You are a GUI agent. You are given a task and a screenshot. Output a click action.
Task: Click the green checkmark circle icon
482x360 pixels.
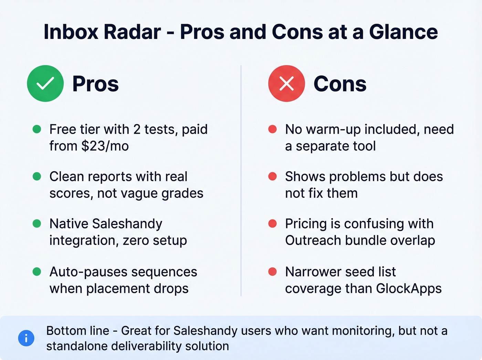(x=45, y=83)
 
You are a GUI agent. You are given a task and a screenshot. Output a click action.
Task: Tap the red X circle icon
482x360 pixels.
(x=286, y=83)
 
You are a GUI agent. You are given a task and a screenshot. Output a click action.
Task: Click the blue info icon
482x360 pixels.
(x=26, y=338)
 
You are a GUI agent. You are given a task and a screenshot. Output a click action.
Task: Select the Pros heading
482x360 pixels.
(x=95, y=84)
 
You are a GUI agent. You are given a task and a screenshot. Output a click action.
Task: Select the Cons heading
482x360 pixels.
(x=340, y=84)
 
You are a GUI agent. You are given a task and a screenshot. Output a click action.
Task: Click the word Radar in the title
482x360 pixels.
(x=132, y=32)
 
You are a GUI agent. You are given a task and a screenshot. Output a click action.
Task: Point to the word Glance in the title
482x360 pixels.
(x=403, y=32)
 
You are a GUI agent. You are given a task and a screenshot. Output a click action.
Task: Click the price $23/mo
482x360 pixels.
(x=105, y=146)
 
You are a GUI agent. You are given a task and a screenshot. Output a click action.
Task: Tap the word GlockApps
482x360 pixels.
(x=409, y=288)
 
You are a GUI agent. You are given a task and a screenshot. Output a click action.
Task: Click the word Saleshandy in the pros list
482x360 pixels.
(x=127, y=224)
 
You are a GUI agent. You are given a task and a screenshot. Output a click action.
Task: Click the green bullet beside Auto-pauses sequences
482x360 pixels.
(x=37, y=272)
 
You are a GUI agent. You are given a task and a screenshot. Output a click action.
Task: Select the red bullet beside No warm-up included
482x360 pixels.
(x=272, y=129)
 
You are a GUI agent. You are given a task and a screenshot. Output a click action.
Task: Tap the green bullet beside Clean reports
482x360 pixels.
(x=37, y=176)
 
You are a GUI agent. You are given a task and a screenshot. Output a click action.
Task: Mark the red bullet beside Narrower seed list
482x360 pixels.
(x=272, y=272)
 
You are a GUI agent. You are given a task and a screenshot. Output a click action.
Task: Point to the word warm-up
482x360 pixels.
(x=333, y=130)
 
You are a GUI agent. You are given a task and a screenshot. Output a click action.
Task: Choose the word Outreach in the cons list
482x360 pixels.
(x=313, y=240)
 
